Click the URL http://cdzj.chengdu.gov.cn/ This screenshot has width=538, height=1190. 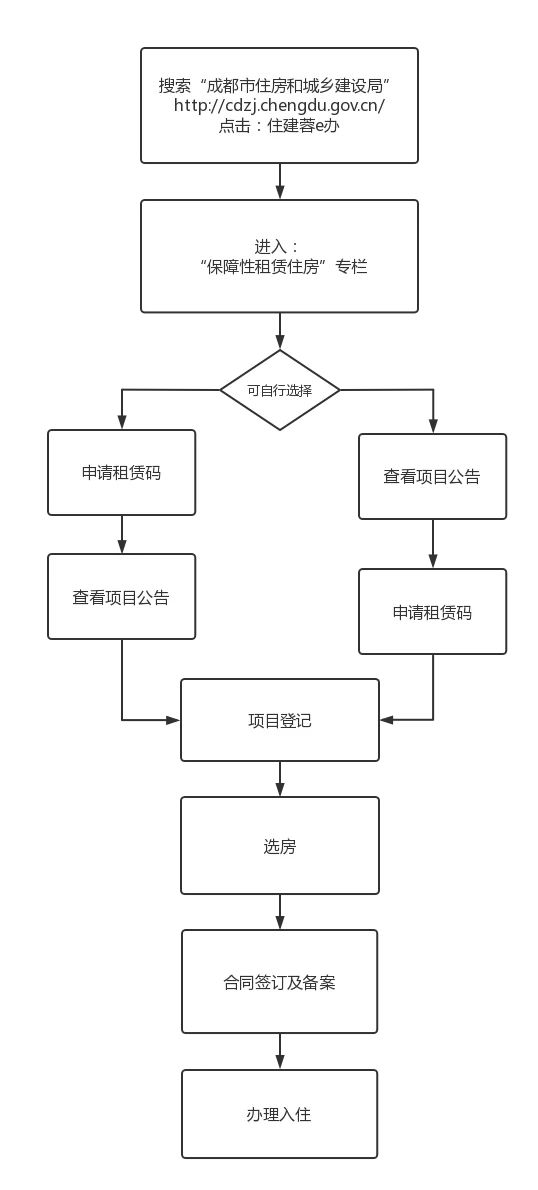[279, 105]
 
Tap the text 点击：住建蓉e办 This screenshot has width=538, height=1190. [278, 127]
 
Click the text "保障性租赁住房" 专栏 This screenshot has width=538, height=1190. [279, 266]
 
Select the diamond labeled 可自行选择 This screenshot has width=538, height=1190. [280, 390]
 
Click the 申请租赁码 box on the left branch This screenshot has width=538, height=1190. [121, 473]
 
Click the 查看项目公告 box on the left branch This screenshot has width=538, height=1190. [121, 597]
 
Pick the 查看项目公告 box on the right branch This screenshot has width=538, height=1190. [433, 477]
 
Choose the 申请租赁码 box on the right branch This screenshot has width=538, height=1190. [433, 612]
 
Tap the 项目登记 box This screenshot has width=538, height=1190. [280, 720]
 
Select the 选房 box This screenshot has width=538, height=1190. [280, 845]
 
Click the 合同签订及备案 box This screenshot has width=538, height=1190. [280, 982]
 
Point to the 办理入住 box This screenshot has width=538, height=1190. [280, 1114]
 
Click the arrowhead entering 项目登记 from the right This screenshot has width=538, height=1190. [387, 719]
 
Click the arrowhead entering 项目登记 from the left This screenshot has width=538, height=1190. [173, 719]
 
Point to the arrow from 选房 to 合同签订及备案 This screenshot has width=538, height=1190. [280, 912]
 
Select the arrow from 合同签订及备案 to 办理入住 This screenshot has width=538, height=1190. [280, 1052]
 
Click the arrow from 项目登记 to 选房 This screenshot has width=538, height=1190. [280, 779]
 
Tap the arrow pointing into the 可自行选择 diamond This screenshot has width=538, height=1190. [280, 331]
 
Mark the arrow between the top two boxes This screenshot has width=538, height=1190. [280, 181]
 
